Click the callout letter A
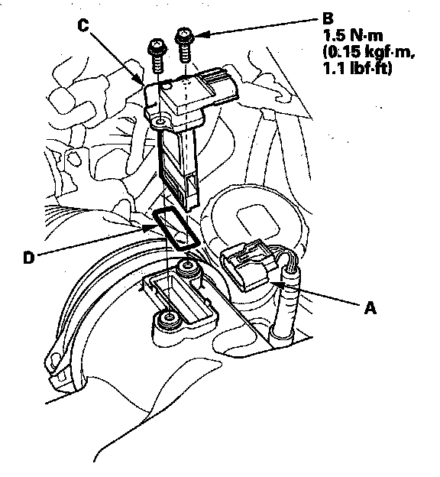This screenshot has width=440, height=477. (370, 308)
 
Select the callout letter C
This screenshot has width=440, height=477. (82, 25)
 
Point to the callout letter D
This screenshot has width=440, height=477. (29, 258)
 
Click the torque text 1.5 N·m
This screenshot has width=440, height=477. (353, 36)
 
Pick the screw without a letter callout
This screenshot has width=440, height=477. (157, 55)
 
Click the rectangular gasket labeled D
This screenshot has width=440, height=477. (176, 228)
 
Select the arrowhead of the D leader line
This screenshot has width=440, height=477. (150, 228)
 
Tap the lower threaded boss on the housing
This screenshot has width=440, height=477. (168, 319)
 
